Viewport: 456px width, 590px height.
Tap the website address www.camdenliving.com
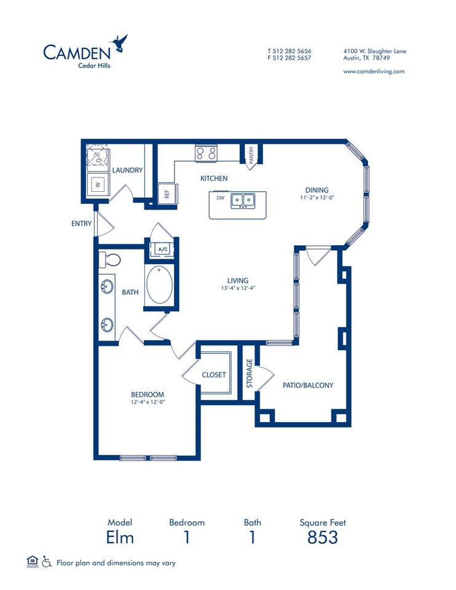(x=373, y=71)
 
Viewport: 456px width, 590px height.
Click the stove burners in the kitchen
(x=206, y=152)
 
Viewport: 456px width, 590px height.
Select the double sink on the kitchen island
(x=243, y=200)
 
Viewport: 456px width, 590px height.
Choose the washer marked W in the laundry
(x=96, y=183)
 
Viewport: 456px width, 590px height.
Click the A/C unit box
(x=163, y=249)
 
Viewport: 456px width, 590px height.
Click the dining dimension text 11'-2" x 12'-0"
(x=317, y=199)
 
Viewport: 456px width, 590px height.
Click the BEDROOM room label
(x=147, y=394)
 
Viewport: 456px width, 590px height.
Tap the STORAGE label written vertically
(x=250, y=374)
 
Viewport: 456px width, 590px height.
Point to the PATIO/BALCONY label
(x=307, y=385)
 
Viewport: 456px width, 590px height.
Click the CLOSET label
(x=214, y=374)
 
